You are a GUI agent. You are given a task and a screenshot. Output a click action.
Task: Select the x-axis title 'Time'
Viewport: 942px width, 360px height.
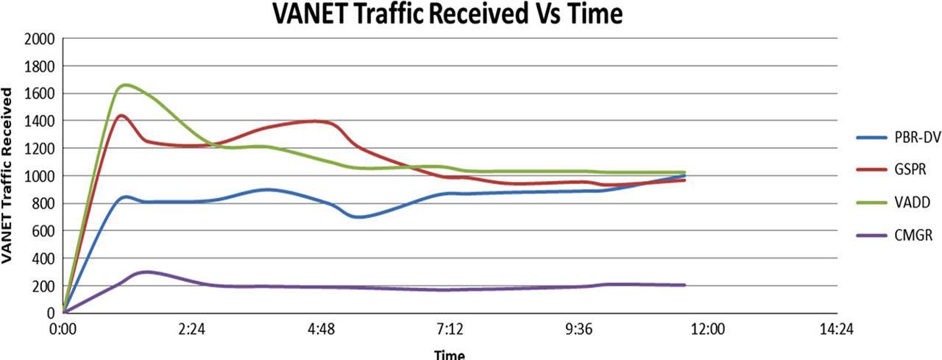449,354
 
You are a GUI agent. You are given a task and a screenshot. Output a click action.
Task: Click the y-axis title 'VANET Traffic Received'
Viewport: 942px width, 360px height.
9,176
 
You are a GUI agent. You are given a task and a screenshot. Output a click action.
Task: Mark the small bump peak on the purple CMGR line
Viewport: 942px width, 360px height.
146,272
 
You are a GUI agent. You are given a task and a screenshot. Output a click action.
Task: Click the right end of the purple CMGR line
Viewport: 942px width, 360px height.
685,285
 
